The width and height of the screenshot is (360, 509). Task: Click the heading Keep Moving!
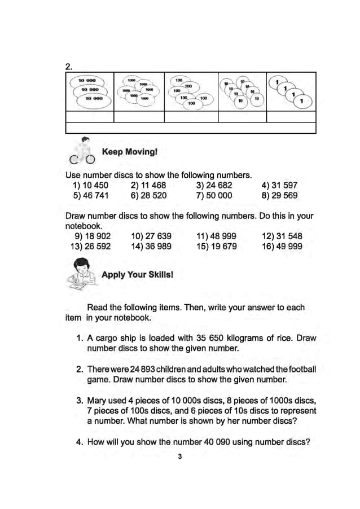pyautogui.click(x=129, y=152)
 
